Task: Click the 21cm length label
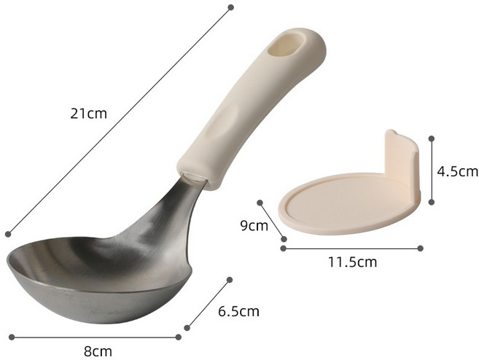pyautogui.click(x=89, y=114)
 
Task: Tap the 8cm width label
pyautogui.click(x=98, y=351)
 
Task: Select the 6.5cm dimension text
pyautogui.click(x=238, y=311)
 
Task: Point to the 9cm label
pyautogui.click(x=254, y=226)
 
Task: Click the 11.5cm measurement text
pyautogui.click(x=353, y=262)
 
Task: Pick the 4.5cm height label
pyautogui.click(x=457, y=171)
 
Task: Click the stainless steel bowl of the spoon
pyautogui.click(x=98, y=278)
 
